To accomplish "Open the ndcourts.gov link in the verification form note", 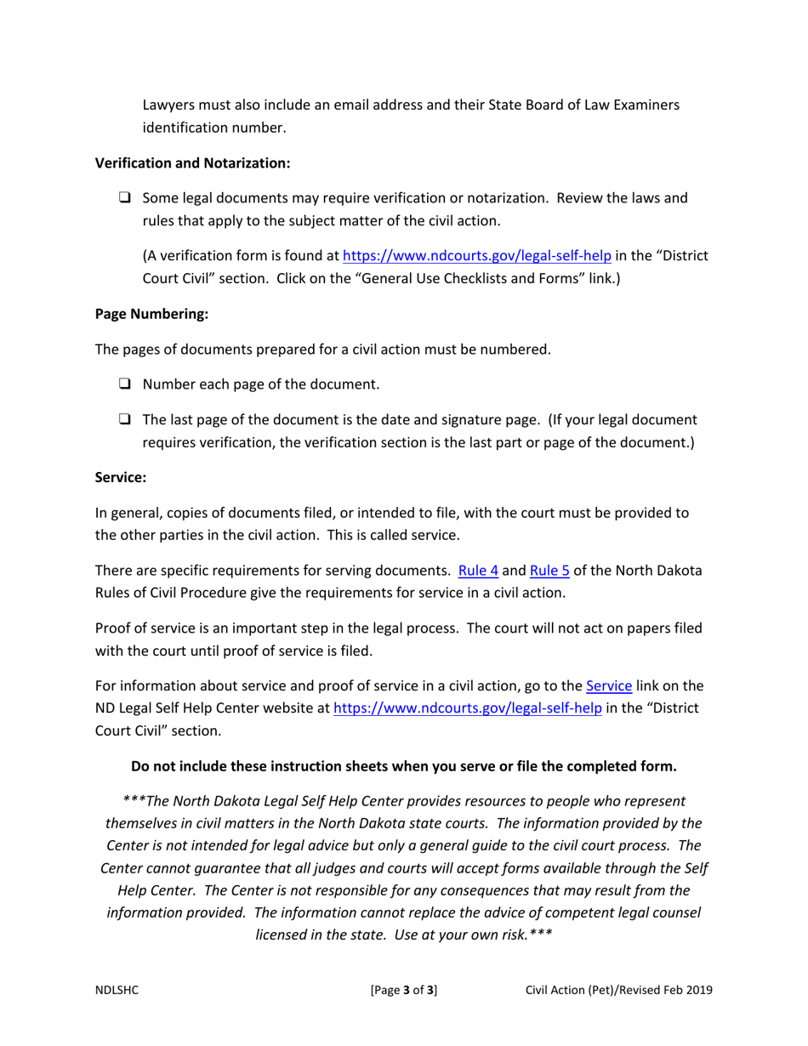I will click(476, 254).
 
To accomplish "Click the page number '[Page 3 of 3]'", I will click(404, 990).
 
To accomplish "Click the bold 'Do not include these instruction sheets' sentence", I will click(404, 766).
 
